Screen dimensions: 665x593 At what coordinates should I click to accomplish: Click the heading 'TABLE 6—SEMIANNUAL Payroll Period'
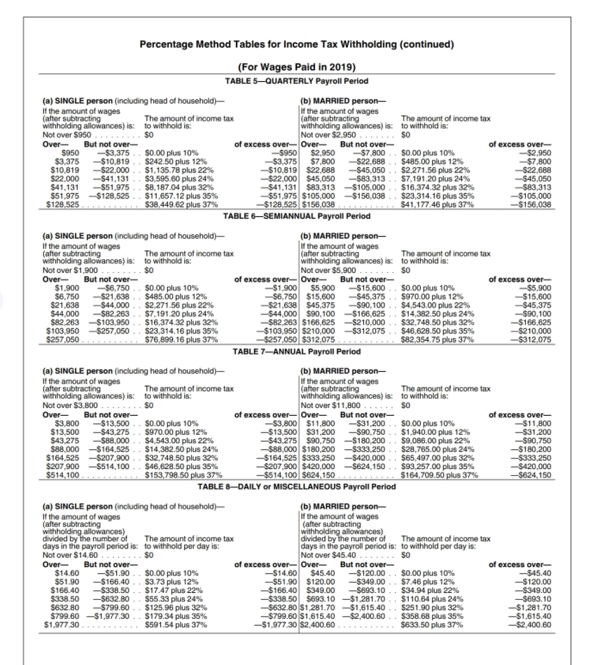coord(296,216)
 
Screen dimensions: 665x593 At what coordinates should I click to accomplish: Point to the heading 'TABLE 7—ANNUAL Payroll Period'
coord(296,349)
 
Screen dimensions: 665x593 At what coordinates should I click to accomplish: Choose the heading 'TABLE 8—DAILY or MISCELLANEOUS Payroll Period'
coord(296,485)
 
